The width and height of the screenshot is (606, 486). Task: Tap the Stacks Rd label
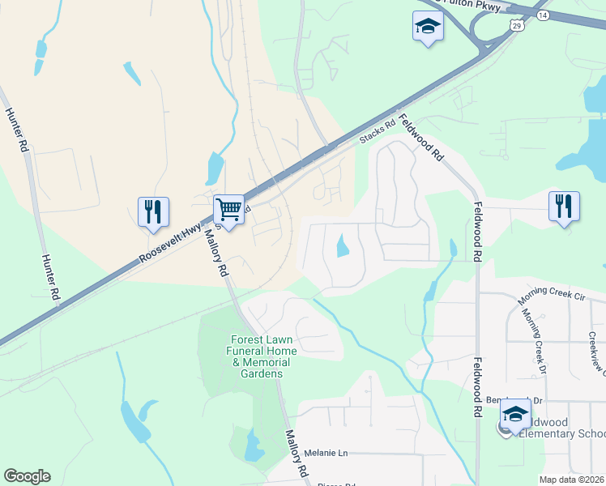click(x=378, y=134)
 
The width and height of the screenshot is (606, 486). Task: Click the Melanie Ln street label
click(x=325, y=454)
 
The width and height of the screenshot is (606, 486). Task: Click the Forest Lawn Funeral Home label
click(x=262, y=356)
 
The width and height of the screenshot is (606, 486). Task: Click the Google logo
click(x=27, y=476)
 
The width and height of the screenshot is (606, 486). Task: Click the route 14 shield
click(x=541, y=15)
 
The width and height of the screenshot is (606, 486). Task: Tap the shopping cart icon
click(x=229, y=210)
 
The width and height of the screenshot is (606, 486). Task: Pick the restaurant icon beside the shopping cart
click(x=153, y=212)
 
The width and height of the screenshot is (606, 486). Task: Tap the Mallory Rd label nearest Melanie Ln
click(x=296, y=454)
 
